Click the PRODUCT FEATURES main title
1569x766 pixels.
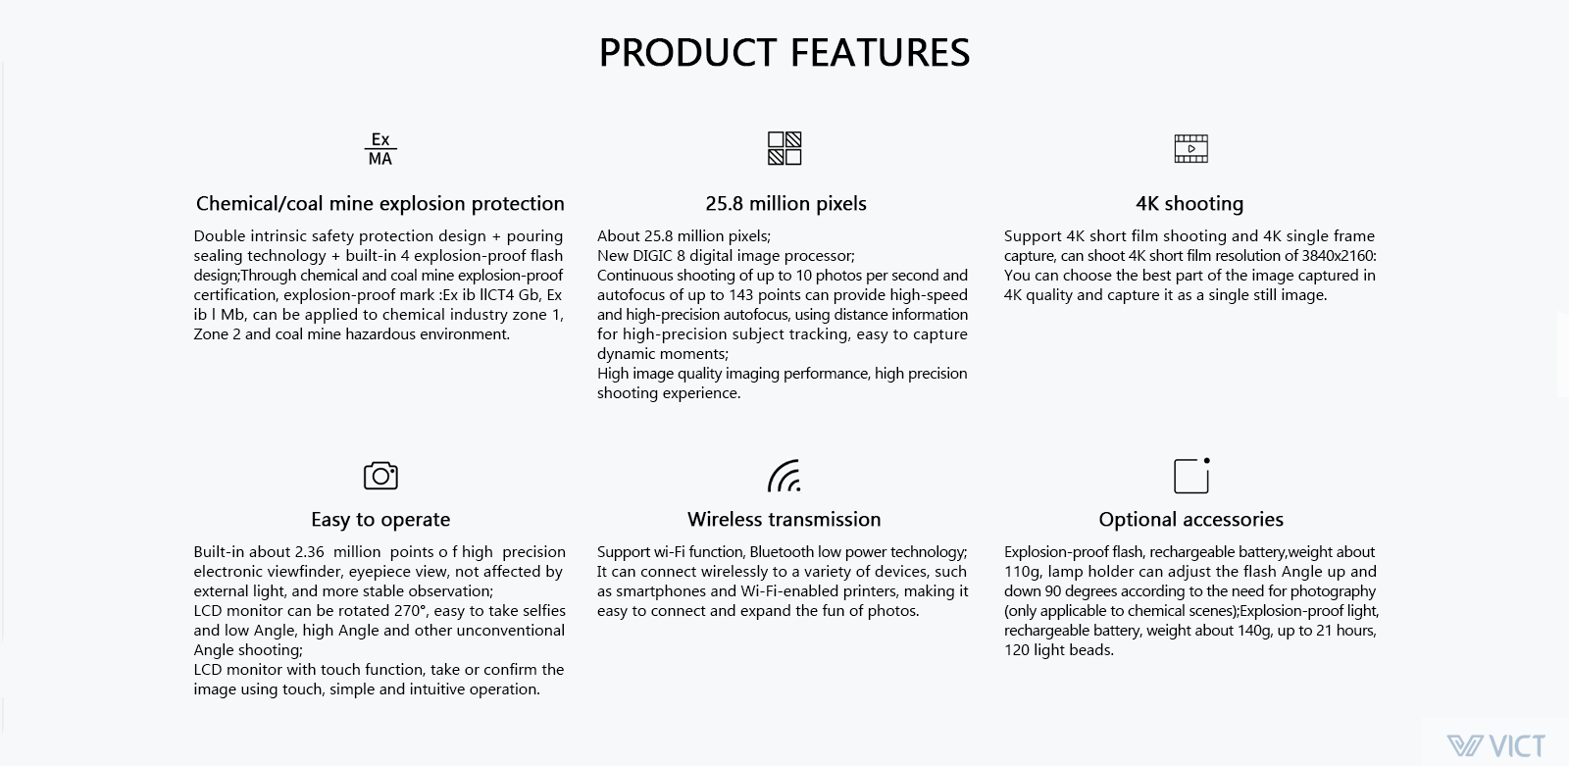pos(784,53)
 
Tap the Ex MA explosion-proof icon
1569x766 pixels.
pos(380,148)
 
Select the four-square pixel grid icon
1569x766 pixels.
pos(784,148)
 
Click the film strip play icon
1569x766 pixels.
pos(1190,148)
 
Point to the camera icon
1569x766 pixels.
pos(380,476)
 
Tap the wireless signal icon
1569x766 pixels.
pos(784,476)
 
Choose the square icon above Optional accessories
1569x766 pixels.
pos(1191,476)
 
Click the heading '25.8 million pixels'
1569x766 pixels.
pos(785,203)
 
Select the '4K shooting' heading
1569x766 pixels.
pos(1189,203)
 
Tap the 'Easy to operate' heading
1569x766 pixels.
pos(380,519)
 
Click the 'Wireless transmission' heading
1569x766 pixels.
pos(784,519)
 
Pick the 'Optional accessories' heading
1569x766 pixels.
pos(1190,519)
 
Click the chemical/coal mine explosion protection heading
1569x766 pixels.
pos(380,203)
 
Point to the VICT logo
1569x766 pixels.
pos(1496,745)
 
